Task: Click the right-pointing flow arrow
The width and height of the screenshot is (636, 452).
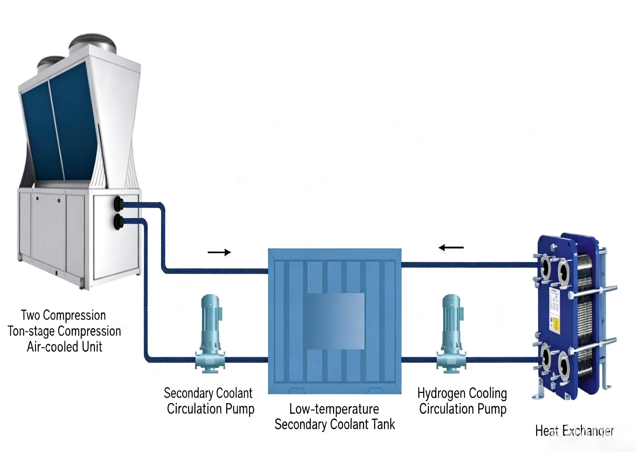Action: pos(219,252)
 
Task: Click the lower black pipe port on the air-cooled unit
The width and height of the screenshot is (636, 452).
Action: pos(118,222)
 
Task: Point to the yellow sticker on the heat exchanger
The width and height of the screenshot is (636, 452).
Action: pos(555,325)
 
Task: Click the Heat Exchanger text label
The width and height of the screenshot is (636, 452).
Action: pos(575,431)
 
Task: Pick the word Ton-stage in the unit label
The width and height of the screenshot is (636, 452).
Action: pos(31,331)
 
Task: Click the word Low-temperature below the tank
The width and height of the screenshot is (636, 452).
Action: pos(334,409)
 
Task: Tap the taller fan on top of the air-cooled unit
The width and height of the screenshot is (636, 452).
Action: pos(92,43)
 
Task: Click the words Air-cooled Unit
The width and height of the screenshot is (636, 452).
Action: pos(65,347)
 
